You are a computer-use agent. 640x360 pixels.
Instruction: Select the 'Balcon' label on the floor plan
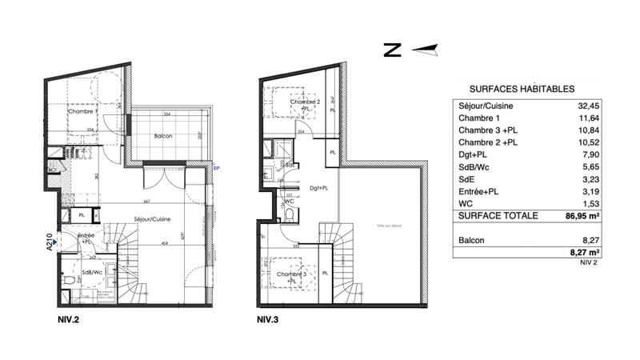pos(163,135)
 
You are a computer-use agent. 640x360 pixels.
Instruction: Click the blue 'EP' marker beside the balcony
pos(216,168)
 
